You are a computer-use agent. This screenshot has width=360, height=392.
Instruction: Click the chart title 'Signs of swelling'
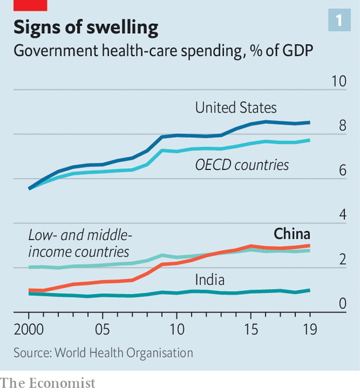click(x=86, y=28)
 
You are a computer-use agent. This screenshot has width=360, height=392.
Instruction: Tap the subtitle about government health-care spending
click(x=163, y=52)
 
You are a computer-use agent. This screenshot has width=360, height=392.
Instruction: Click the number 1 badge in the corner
click(x=339, y=21)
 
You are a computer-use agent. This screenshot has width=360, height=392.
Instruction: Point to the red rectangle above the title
click(x=30, y=5)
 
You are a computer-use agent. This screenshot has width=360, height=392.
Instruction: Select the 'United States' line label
click(x=236, y=108)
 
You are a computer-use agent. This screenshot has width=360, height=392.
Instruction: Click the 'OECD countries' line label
click(x=242, y=165)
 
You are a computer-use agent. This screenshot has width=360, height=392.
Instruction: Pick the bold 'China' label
click(x=291, y=233)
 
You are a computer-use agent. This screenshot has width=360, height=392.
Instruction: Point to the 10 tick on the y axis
click(x=338, y=81)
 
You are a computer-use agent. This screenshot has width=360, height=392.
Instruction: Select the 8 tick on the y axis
click(x=342, y=126)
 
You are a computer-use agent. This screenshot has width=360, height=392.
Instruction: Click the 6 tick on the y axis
click(x=342, y=170)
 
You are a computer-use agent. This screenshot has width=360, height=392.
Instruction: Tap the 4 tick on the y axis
click(x=342, y=214)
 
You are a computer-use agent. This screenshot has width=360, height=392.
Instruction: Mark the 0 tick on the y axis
click(x=342, y=303)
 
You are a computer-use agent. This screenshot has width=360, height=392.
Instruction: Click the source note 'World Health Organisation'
click(x=104, y=353)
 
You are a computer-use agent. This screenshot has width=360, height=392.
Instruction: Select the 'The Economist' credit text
click(x=48, y=383)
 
